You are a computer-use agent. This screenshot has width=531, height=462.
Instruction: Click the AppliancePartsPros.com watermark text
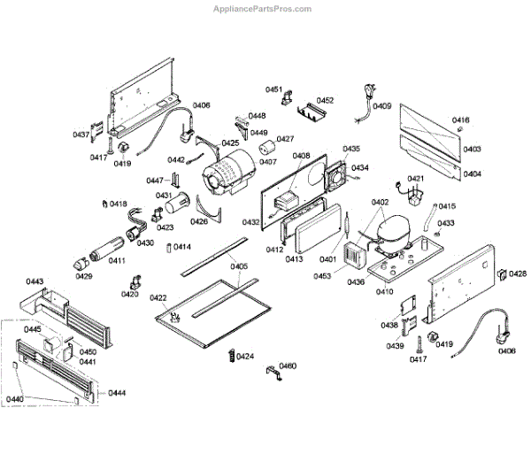click(x=264, y=9)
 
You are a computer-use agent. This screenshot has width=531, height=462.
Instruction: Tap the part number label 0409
click(x=381, y=106)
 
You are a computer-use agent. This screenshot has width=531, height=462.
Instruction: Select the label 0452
click(x=325, y=100)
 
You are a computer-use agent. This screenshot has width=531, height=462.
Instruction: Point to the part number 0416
click(x=461, y=120)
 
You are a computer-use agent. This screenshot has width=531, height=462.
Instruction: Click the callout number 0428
click(x=517, y=273)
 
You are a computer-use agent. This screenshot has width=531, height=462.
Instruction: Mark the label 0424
click(x=245, y=357)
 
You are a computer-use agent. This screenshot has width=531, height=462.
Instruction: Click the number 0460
click(x=288, y=366)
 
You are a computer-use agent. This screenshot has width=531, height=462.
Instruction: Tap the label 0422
click(x=158, y=297)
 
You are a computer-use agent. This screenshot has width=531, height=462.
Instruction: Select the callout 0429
click(x=83, y=276)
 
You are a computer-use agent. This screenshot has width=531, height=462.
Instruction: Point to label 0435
click(x=351, y=149)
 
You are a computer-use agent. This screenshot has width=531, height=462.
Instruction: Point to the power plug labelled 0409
click(x=363, y=92)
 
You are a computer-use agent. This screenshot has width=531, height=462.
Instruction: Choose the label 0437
click(x=81, y=135)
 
